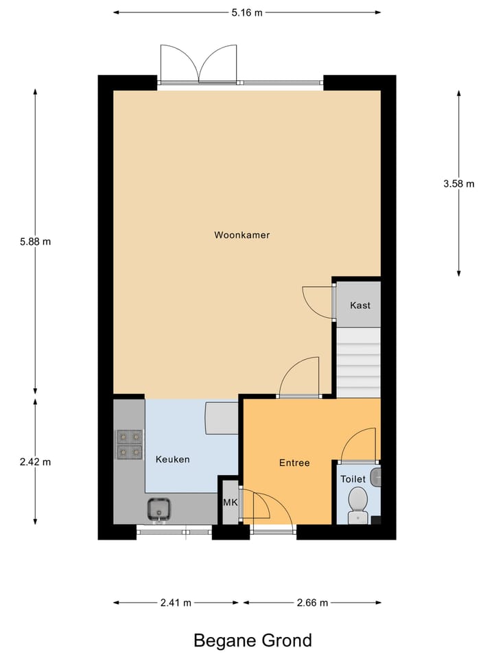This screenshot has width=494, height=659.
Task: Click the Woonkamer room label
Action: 242,235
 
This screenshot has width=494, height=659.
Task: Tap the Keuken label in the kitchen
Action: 172,459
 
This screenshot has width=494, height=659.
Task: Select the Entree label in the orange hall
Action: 294,463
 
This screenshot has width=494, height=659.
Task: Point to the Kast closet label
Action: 360,305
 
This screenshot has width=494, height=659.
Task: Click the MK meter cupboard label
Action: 230,502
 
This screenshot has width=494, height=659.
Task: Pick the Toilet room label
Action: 354,480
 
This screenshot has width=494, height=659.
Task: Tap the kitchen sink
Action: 160,509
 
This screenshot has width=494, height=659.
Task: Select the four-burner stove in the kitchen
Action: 129,444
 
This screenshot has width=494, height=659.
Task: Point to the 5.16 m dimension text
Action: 247,12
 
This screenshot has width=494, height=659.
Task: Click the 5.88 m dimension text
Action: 36,242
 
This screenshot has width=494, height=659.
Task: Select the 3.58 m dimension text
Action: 458,183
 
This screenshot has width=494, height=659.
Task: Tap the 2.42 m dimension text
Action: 36,462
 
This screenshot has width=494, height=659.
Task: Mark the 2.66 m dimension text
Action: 312,603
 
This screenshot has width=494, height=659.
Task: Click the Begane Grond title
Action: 252,640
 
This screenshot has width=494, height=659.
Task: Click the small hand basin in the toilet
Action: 375,474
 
